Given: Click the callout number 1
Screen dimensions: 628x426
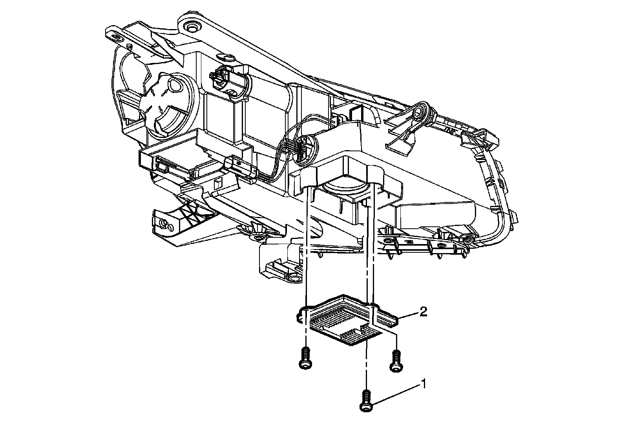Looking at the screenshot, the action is coord(424,384).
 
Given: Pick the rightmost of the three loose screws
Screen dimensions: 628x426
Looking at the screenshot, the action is coord(396,361).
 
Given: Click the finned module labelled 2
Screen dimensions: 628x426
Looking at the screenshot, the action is coord(348,320).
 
